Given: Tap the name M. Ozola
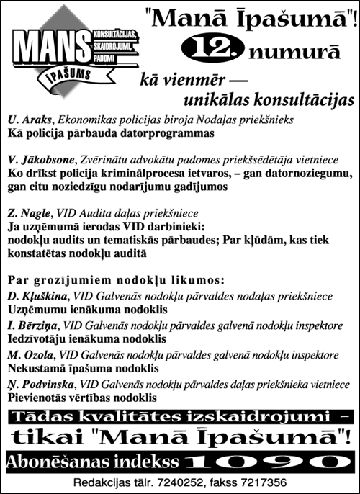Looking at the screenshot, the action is pos(30,355).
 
